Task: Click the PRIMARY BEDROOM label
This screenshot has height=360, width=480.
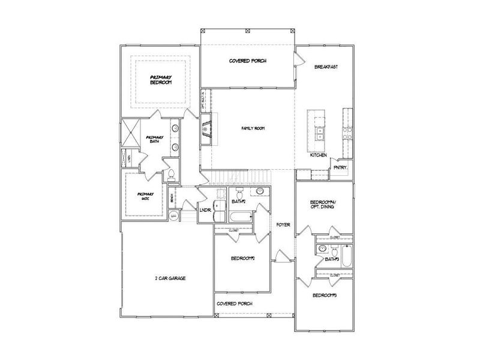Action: point(161,79)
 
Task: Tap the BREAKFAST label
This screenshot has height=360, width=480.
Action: point(326,67)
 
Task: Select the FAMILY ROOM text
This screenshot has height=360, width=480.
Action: point(253,128)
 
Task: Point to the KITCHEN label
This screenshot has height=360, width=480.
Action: point(318,155)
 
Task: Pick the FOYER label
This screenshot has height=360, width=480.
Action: point(283,225)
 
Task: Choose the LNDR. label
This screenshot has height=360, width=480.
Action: point(205,210)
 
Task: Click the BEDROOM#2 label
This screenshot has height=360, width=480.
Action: point(244,259)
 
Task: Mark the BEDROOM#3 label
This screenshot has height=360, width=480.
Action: point(325,296)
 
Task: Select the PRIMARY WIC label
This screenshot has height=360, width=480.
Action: point(146,196)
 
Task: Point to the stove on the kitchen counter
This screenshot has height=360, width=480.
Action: point(346,133)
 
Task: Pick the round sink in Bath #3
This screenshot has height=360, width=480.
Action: point(322,248)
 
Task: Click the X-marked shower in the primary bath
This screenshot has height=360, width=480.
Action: point(130,133)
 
